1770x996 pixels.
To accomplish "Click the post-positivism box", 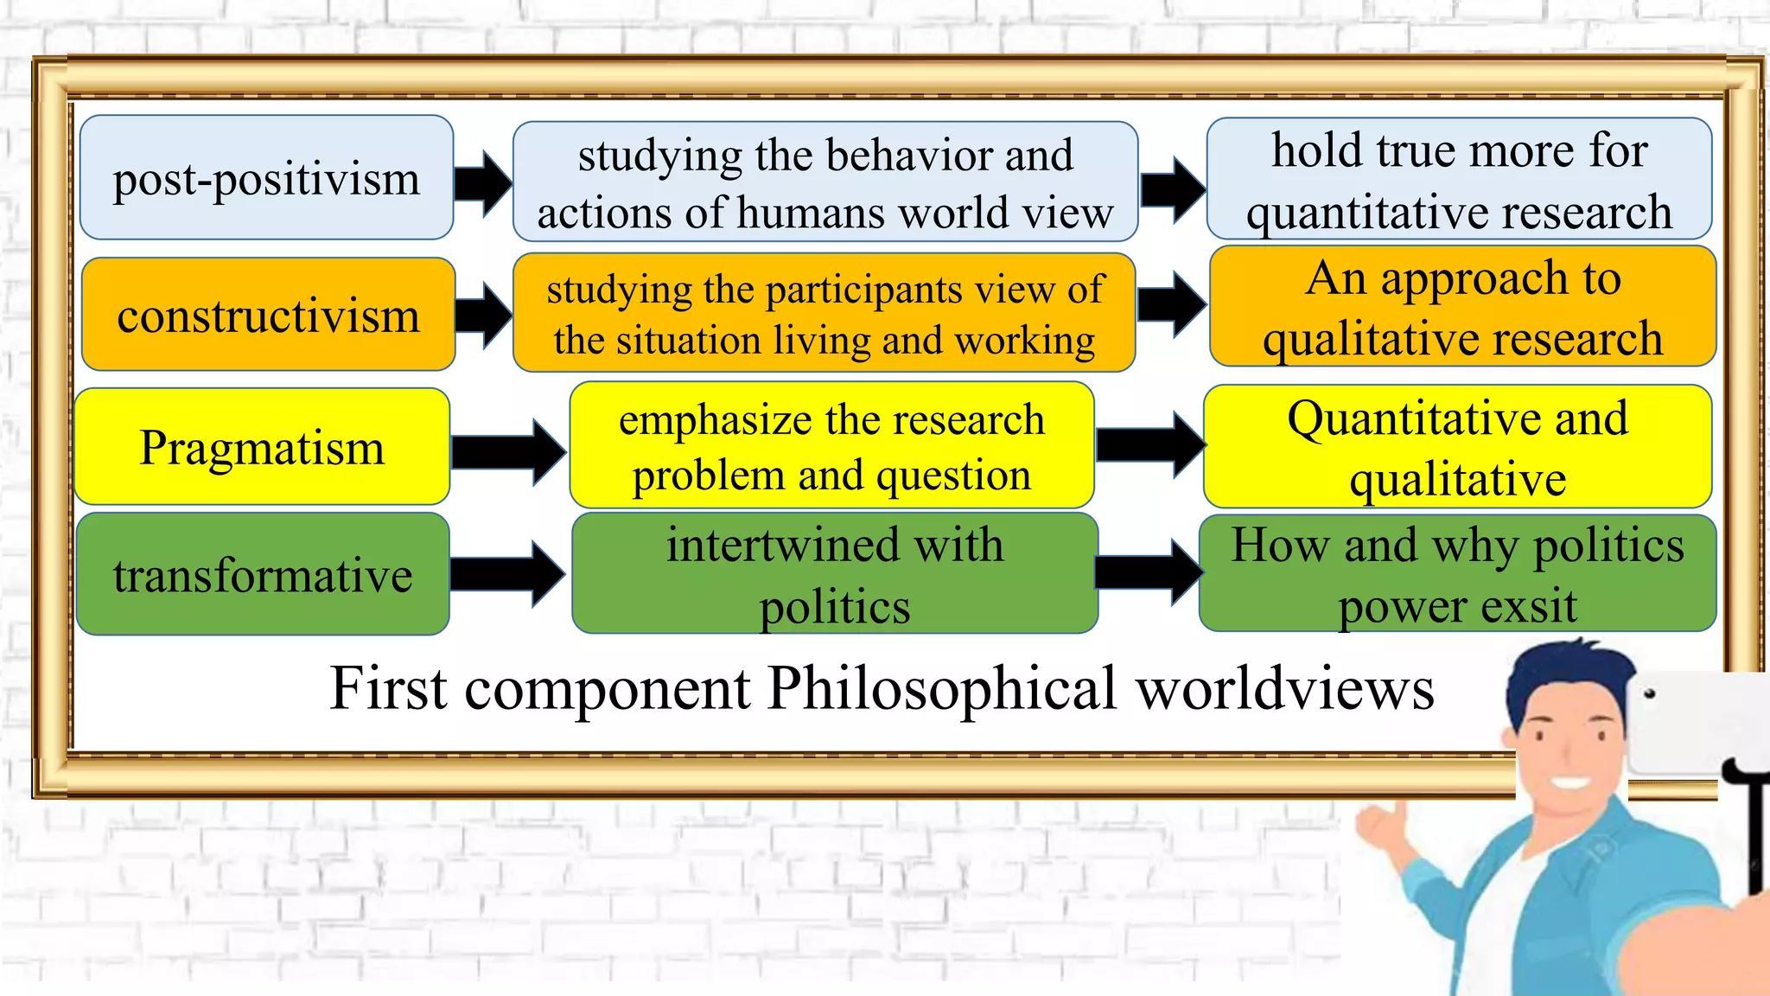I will pos(266,178).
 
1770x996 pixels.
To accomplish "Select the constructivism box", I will pos(268,315).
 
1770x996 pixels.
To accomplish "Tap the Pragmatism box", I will pos(262,447).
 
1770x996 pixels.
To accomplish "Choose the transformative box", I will pos(263,574).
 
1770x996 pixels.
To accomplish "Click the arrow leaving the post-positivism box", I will pos(483,182).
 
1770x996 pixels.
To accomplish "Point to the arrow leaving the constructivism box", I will pos(483,315).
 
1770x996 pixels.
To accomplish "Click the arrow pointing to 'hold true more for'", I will pos(1172,188).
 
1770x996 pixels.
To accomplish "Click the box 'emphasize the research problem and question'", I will pos(831,445).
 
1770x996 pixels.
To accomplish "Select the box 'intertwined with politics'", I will pos(835,573).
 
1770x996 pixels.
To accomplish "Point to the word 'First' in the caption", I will pos(388,689).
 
